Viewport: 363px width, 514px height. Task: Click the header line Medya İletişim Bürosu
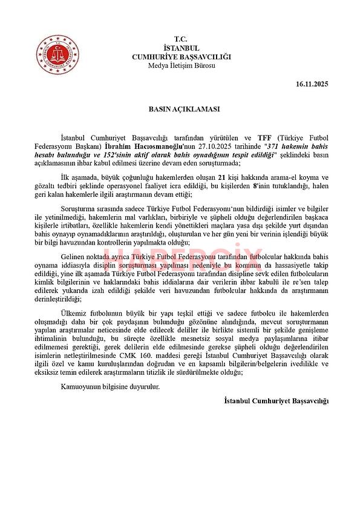pos(181,65)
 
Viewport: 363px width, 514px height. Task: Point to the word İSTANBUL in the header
pos(181,47)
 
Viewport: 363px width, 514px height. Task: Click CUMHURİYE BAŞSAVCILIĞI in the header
pos(181,56)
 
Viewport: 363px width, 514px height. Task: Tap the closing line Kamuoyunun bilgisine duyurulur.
pos(106,387)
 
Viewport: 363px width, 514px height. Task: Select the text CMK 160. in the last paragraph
pos(168,356)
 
